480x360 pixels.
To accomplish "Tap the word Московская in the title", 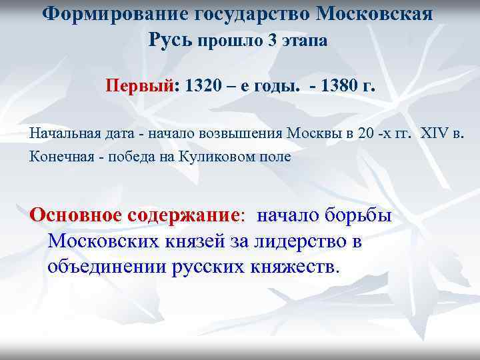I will pyautogui.click(x=369, y=14).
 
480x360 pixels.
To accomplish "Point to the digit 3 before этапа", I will pyautogui.click(x=271, y=41).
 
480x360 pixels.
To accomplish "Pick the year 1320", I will pyautogui.click(x=205, y=87).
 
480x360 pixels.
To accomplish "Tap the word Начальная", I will pyautogui.click(x=62, y=133).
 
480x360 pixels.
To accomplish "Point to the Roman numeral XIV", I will pyautogui.click(x=435, y=133).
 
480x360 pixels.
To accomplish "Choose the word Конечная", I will pyautogui.click(x=58, y=158).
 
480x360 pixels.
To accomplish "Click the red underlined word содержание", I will pyautogui.click(x=189, y=215).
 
